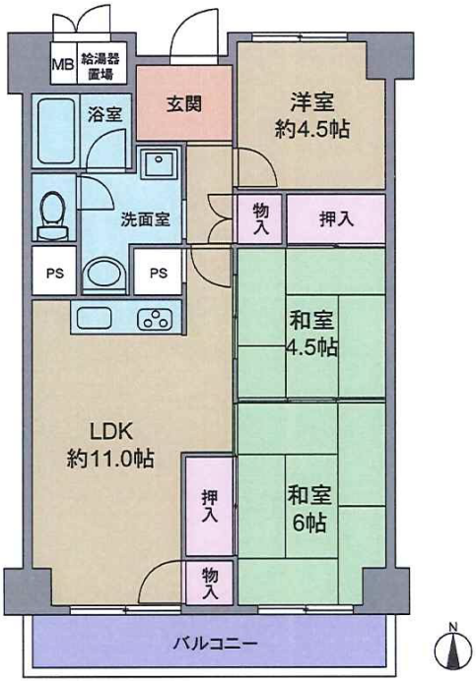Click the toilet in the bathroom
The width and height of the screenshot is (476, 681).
point(53,216)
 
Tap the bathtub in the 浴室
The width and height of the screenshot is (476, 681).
point(56,131)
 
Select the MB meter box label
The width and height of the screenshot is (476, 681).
point(63,65)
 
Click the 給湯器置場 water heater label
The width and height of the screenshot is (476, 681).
point(101,66)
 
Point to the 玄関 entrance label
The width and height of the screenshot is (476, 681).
point(184,104)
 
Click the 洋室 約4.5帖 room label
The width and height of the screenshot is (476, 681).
point(312,115)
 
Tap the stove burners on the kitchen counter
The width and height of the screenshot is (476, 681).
point(155,320)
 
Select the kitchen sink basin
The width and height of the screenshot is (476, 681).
point(95,318)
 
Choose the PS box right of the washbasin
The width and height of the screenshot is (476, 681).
point(158,272)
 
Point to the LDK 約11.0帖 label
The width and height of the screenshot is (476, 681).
point(110,445)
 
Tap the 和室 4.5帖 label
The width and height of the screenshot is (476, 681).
point(311,334)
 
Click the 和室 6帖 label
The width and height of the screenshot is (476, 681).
point(309,509)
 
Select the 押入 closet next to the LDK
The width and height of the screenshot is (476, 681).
point(209,506)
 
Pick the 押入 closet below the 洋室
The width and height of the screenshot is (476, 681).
point(336,219)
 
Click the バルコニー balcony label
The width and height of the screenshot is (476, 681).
point(216,643)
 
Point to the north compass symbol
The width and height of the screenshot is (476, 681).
point(453,644)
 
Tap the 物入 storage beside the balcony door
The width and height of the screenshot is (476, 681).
point(209,583)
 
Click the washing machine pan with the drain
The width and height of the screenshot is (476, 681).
point(160,163)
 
